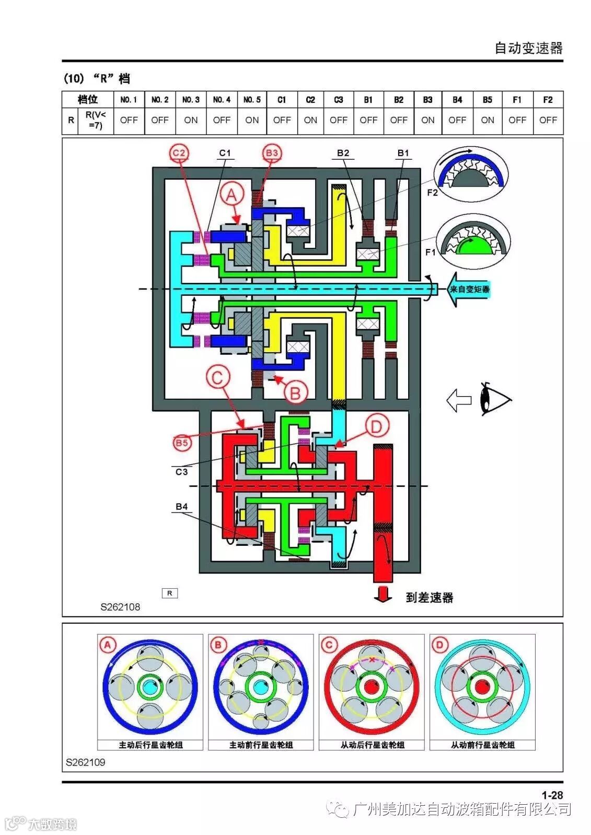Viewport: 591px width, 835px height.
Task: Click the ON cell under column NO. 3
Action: pyautogui.click(x=191, y=120)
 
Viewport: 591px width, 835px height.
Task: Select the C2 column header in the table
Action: pyautogui.click(x=310, y=99)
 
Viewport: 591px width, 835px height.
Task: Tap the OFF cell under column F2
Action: pyautogui.click(x=548, y=120)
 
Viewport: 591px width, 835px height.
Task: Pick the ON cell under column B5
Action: pyautogui.click(x=487, y=120)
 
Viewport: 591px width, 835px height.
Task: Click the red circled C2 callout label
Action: pyautogui.click(x=179, y=153)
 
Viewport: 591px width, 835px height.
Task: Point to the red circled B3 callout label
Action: pyautogui.click(x=272, y=153)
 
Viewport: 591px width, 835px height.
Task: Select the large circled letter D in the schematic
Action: pyautogui.click(x=376, y=427)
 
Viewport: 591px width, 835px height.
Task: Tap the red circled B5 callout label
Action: pyautogui.click(x=181, y=443)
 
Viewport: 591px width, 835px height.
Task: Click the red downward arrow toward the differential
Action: pyautogui.click(x=383, y=594)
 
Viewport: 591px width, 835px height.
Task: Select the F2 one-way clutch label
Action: pyautogui.click(x=432, y=193)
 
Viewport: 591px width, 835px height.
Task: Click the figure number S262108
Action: pyautogui.click(x=120, y=607)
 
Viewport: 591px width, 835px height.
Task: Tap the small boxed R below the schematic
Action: pyautogui.click(x=169, y=593)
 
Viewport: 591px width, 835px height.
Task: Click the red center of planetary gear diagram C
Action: pyautogui.click(x=372, y=687)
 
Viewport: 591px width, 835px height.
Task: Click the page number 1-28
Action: pyautogui.click(x=552, y=795)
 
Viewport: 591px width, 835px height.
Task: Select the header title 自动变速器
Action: pyautogui.click(x=528, y=48)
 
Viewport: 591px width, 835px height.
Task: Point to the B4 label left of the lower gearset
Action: pyautogui.click(x=181, y=506)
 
